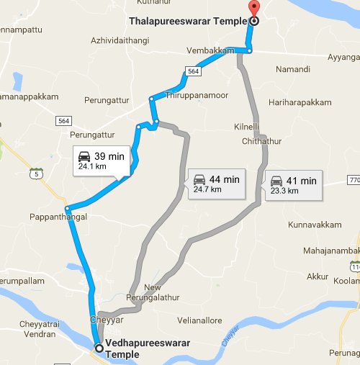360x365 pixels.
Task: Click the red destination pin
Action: pyautogui.click(x=253, y=9)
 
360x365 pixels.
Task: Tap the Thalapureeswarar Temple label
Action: pyautogui.click(x=188, y=21)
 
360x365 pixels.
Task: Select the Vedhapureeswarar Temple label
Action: pyautogui.click(x=147, y=348)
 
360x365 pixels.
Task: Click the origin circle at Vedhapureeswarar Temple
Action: pyautogui.click(x=99, y=348)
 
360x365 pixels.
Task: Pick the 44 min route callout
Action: pyautogui.click(x=215, y=183)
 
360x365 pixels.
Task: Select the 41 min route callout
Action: pyautogui.click(x=292, y=184)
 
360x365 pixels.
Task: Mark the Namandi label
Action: pyautogui.click(x=293, y=69)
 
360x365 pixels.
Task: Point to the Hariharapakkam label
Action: pyautogui.click(x=300, y=103)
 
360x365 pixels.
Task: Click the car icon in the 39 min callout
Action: pyautogui.click(x=85, y=156)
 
